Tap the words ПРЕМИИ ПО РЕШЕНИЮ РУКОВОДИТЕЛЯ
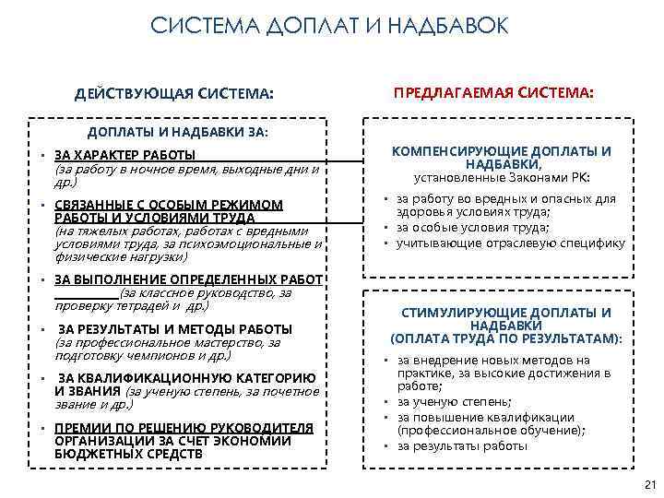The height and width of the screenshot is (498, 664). (x=184, y=428)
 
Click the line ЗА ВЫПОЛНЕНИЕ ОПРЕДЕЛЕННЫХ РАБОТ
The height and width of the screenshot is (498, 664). (x=187, y=279)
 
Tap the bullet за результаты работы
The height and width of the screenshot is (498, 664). (x=462, y=445)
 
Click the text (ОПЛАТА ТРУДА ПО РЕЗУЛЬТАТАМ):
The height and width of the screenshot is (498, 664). (x=506, y=338)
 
